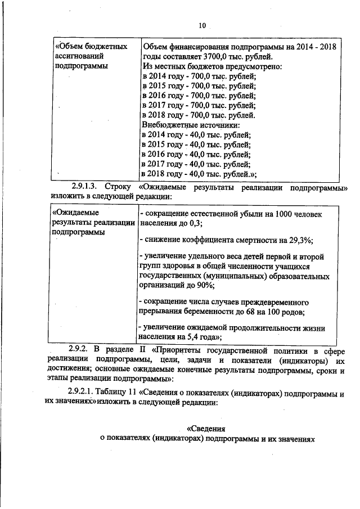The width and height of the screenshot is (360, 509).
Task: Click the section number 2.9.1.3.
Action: click(85, 187)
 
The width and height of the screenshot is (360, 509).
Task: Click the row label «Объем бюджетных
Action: click(89, 46)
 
